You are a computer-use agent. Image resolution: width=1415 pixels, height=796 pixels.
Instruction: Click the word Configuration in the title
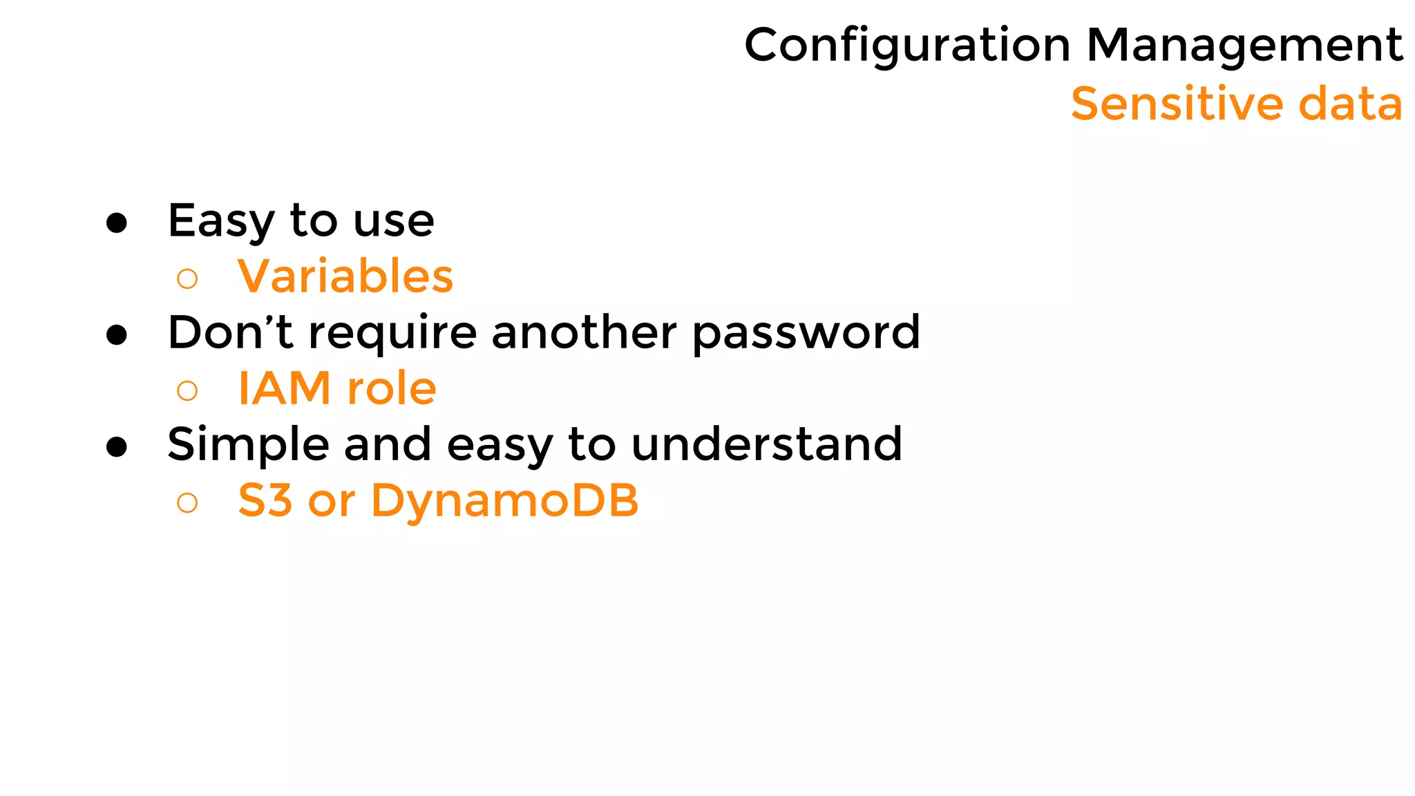(907, 46)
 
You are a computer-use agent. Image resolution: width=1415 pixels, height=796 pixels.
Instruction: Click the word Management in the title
(1244, 46)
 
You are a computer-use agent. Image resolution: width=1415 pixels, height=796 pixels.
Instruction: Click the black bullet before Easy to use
(117, 222)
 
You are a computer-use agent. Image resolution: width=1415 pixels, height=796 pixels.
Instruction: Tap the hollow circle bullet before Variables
(187, 279)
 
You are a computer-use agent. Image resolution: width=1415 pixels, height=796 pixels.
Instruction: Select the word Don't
(230, 332)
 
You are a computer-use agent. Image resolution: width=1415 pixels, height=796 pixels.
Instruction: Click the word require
(392, 334)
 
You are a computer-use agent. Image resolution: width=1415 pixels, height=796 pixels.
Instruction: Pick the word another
(584, 332)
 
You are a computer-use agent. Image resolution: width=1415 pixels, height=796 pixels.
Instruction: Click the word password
(806, 334)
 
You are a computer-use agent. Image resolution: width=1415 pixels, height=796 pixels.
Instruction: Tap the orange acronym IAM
(284, 388)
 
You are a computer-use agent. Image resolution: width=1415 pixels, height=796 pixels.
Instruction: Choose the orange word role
(392, 388)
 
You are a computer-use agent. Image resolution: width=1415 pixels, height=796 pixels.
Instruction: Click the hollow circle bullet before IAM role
(187, 391)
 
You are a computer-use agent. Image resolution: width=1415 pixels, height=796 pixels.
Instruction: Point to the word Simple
(248, 445)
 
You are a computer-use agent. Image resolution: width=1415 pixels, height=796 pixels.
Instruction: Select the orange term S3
(265, 500)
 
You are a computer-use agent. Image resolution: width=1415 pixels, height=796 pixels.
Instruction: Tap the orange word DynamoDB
(504, 501)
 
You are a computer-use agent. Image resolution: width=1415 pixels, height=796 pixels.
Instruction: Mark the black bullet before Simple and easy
(117, 447)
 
